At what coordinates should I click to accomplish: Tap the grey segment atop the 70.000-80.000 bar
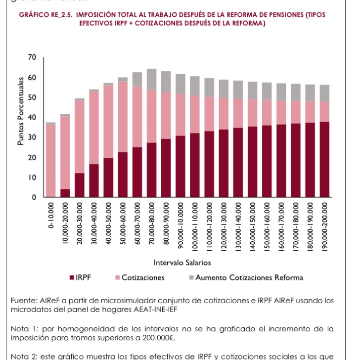click(152, 79)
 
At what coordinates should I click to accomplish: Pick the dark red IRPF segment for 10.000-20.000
click(65, 193)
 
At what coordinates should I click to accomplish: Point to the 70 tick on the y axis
click(33, 58)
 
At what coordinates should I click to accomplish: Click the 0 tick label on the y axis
click(34, 197)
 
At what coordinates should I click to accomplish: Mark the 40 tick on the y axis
click(33, 118)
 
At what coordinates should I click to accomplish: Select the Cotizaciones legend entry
click(138, 277)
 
